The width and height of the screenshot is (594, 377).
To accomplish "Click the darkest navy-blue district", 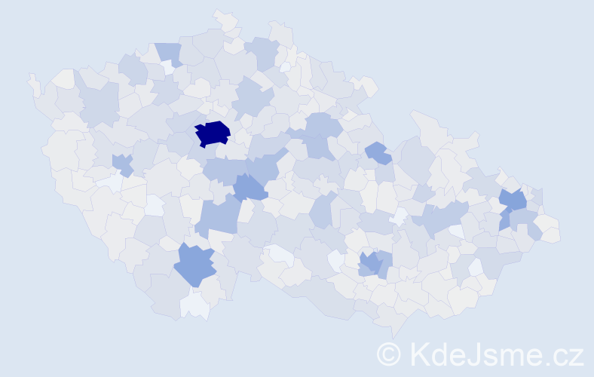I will pyautogui.click(x=213, y=133).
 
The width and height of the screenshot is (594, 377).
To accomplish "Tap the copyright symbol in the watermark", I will pyautogui.click(x=389, y=354).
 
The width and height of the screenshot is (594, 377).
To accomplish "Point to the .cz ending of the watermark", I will pyautogui.click(x=565, y=354).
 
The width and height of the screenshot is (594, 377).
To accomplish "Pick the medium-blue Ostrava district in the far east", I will pyautogui.click(x=513, y=201).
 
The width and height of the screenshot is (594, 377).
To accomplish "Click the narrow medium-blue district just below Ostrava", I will pyautogui.click(x=504, y=220).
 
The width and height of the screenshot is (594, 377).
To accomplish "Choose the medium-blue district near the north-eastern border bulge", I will pyautogui.click(x=378, y=153).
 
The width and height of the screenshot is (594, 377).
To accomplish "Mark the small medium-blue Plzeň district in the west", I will pyautogui.click(x=122, y=164).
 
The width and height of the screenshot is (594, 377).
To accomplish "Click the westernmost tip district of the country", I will pyautogui.click(x=32, y=84).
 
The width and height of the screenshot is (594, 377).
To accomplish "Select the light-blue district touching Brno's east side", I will pyautogui.click(x=384, y=263).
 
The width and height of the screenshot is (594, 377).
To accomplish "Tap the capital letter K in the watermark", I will pyautogui.click(x=421, y=354).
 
